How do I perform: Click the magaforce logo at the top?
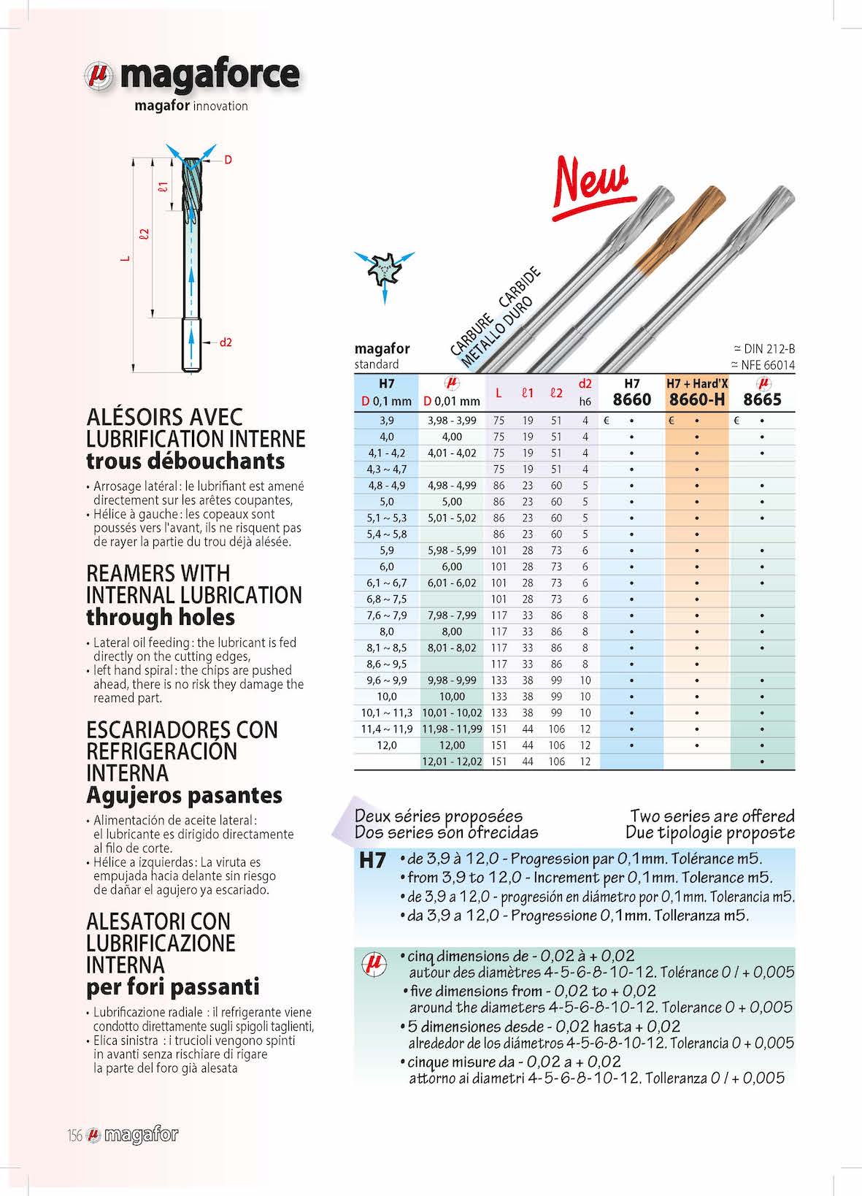coord(192,76)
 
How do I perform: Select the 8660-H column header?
coord(696,399)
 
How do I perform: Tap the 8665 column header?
coord(762,399)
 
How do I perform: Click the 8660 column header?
coord(631,399)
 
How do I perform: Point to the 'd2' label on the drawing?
coord(226,342)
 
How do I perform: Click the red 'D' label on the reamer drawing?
coord(228,159)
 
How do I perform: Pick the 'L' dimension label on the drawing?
coord(126,258)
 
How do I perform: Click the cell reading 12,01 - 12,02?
coord(452,762)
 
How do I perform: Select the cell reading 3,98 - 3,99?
coord(452,421)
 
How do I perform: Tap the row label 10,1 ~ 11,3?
coord(386,713)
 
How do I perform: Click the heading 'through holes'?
coord(161,618)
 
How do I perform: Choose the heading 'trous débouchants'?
coord(185,461)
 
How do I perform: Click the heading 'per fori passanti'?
coord(173,987)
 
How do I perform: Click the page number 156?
coord(74,1135)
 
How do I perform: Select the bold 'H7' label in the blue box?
coord(373,860)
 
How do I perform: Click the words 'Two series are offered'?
coord(712,816)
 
